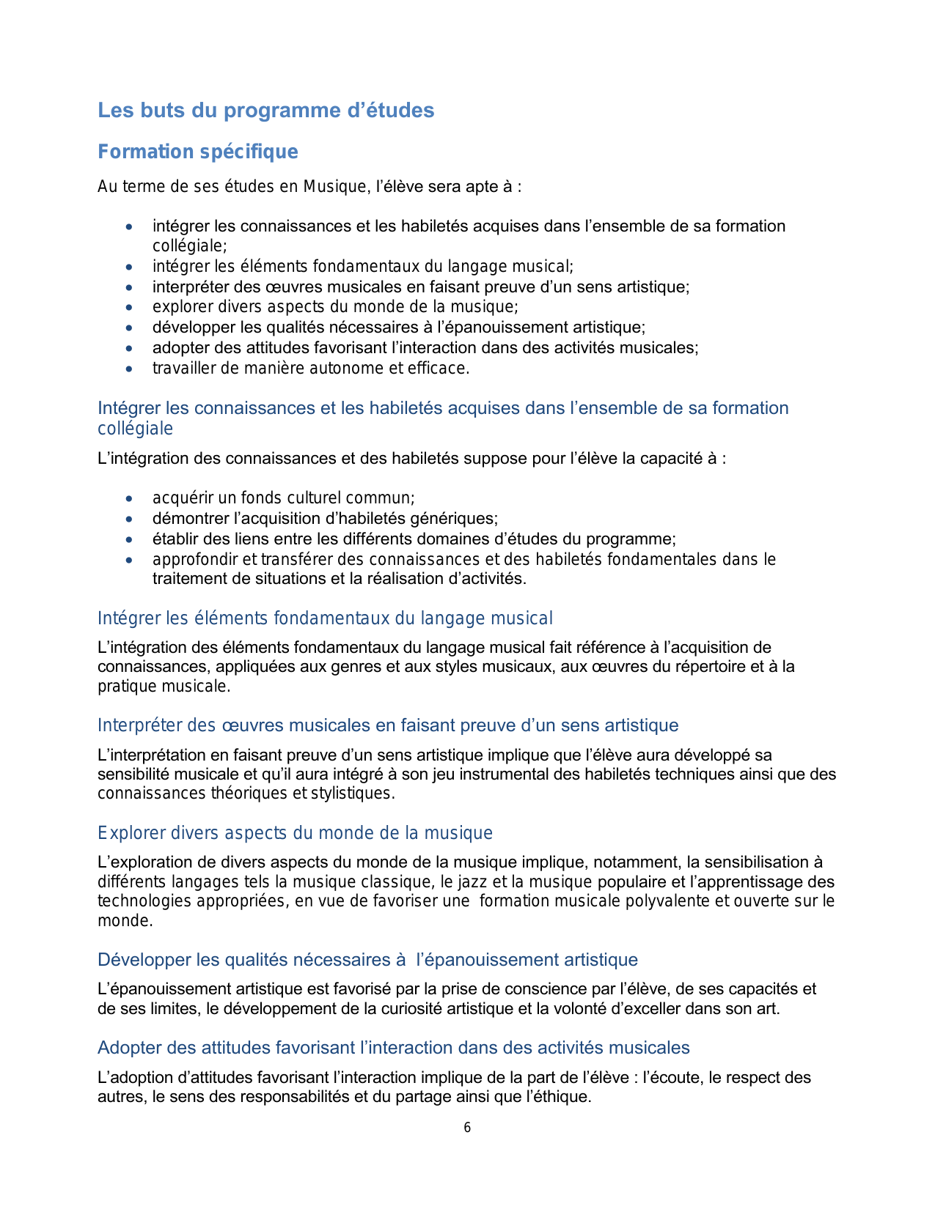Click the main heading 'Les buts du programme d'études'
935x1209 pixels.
[266, 111]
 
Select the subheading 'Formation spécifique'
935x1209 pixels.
[198, 152]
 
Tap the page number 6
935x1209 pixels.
[467, 1128]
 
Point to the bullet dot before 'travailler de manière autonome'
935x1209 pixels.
[130, 369]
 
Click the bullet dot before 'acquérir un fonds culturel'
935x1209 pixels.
[130, 499]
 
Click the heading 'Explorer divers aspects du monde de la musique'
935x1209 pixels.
[295, 833]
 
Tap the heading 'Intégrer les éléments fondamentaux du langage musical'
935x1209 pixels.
[325, 618]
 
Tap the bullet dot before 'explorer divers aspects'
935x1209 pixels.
[130, 308]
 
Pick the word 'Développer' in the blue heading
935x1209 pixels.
[144, 960]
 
